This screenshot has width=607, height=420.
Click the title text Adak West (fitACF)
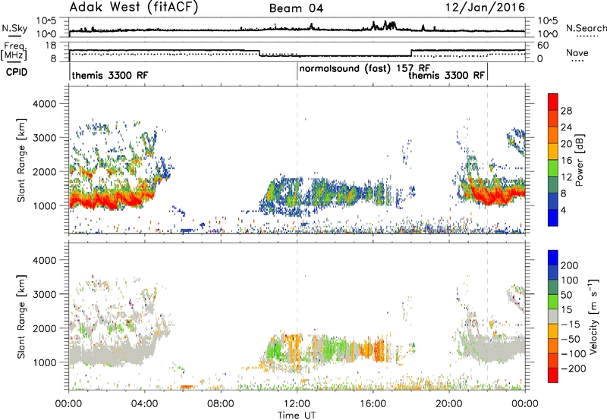coord(134,8)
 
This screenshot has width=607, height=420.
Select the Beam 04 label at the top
coord(296,8)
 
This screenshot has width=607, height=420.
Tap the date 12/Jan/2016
coord(485,8)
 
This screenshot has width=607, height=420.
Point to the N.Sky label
coord(14,28)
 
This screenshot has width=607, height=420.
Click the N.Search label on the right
coord(586,28)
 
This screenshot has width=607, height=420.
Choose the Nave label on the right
coord(577,53)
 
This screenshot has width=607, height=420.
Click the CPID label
coord(17,72)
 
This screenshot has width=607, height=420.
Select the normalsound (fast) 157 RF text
coord(365,68)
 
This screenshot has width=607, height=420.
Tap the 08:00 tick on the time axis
coord(221,404)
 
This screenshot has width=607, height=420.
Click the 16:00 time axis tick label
coord(373,404)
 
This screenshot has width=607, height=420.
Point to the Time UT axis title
coord(297,415)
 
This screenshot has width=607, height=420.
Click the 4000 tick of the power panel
coord(45,104)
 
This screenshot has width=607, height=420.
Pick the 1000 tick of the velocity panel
coord(45,362)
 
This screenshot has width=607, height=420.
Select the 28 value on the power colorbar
coord(566,111)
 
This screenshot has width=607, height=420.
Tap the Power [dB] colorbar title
coord(580,160)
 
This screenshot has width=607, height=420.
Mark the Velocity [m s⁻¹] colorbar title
coord(593,316)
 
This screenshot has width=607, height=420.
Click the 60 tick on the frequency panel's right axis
coord(543,45)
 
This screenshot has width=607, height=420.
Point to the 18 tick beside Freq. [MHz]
coord(51,45)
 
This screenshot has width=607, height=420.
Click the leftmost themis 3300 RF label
coord(110,75)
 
